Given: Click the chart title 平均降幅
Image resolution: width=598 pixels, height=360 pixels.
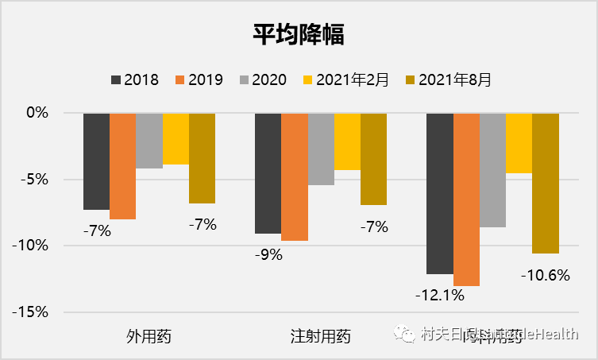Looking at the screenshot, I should [299, 36].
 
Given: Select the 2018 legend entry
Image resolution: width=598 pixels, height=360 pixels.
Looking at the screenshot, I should [135, 79].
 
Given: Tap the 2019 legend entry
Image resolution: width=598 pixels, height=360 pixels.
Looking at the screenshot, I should [199, 79].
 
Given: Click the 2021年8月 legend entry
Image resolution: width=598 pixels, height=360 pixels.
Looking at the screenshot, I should [447, 79].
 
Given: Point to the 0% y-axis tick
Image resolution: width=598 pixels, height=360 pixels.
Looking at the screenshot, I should [37, 113].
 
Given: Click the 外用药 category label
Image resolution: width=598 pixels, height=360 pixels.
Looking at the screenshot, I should [149, 336].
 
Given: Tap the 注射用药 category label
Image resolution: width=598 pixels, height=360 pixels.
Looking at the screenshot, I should [320, 336].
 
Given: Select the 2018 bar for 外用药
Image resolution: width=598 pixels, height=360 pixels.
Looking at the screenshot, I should [96, 161].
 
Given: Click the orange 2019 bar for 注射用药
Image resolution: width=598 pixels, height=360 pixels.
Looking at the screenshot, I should [294, 176].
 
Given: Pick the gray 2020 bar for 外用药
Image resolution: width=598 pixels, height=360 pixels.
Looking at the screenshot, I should [149, 141].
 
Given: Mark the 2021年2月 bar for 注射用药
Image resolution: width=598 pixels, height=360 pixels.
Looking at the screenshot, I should [347, 141].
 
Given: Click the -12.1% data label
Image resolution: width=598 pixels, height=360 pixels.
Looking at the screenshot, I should [439, 295].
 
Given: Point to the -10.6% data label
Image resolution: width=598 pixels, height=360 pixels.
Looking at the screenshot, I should [545, 276].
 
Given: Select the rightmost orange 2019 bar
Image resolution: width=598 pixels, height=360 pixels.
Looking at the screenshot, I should [466, 199].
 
